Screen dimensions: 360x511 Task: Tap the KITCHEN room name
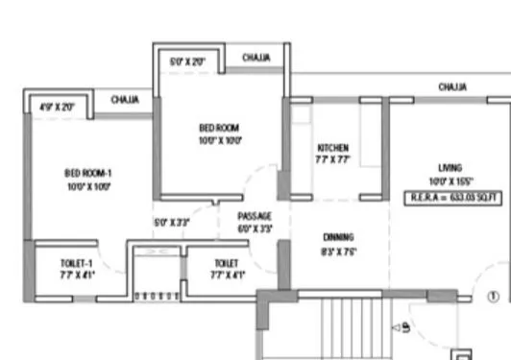pyautogui.click(x=332, y=147)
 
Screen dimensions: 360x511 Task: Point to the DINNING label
pyautogui.click(x=337, y=236)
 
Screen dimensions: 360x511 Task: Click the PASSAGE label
pyautogui.click(x=255, y=216)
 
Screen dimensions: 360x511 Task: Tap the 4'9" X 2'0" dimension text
pyautogui.click(x=57, y=108)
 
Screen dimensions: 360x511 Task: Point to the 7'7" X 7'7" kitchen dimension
pyautogui.click(x=332, y=160)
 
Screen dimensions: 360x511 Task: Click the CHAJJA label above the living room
pyautogui.click(x=452, y=86)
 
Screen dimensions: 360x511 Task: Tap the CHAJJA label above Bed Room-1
pyautogui.click(x=126, y=99)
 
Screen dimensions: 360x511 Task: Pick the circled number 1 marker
pyautogui.click(x=493, y=297)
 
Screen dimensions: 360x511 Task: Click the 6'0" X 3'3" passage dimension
pyautogui.click(x=255, y=229)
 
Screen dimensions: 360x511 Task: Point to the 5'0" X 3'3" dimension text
pyautogui.click(x=172, y=223)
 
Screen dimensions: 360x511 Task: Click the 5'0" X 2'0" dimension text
pyautogui.click(x=187, y=61)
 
